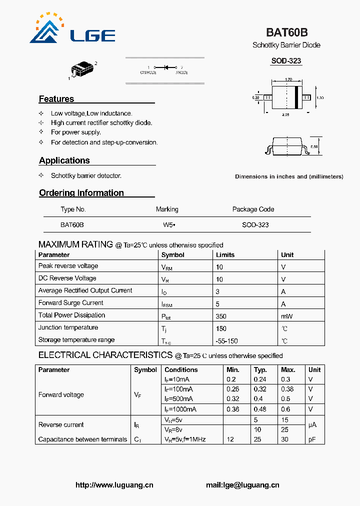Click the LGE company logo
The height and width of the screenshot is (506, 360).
72,29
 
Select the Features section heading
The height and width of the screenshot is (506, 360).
56,99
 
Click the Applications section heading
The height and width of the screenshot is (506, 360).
64,160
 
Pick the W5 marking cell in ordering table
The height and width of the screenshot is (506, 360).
168,225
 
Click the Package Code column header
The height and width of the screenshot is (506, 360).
253,209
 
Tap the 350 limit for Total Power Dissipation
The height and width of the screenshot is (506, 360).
221,316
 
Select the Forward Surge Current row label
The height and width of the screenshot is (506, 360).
71,303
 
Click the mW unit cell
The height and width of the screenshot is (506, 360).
286,316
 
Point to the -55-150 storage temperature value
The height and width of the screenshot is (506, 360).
227,340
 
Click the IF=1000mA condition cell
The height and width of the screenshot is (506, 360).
180,409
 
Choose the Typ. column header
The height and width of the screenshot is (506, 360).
260,370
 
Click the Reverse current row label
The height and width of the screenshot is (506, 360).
61,425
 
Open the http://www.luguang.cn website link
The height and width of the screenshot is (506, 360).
114,485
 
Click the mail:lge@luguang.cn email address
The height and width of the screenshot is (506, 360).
242,485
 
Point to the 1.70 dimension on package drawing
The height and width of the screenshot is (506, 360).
288,79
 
